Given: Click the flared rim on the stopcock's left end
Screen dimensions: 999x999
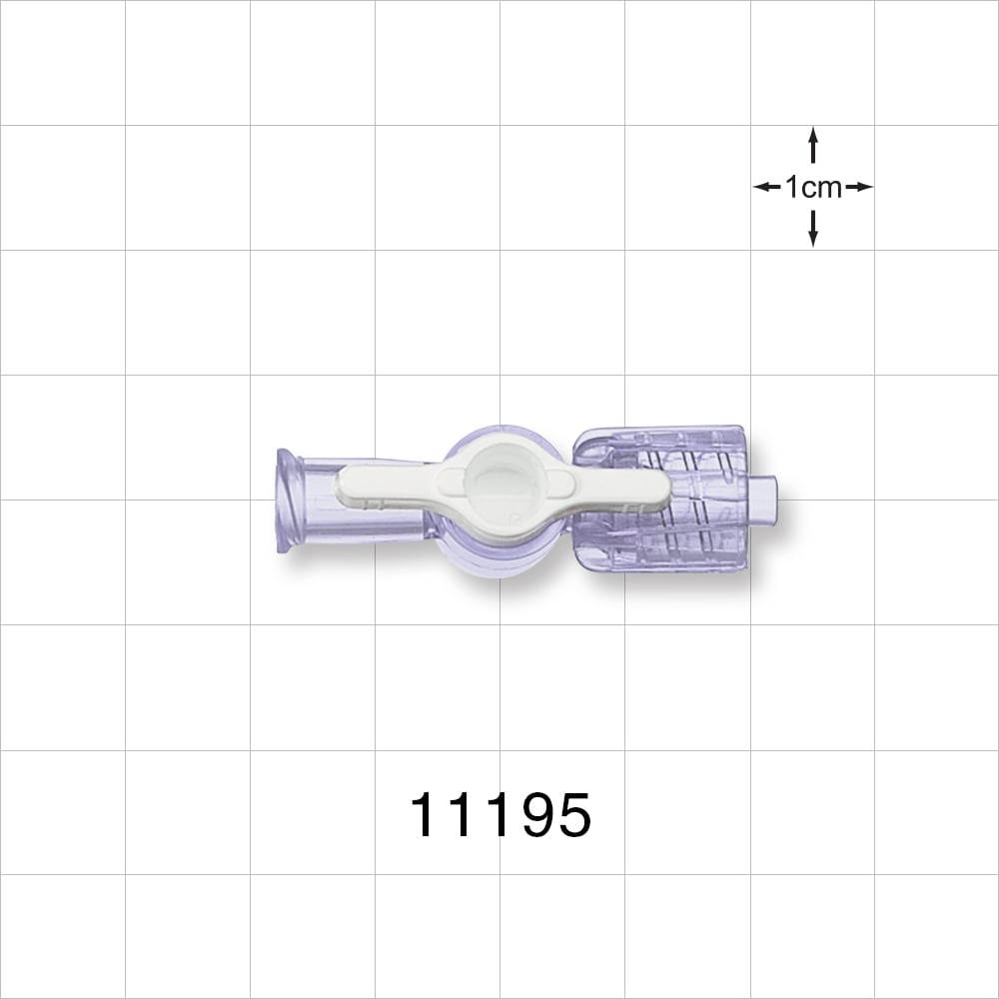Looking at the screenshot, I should tap(289, 499).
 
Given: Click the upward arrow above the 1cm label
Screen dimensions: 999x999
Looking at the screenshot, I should tap(813, 145).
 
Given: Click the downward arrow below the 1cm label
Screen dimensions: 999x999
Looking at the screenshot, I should tap(813, 229).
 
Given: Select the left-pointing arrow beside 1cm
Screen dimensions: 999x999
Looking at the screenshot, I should tap(766, 187).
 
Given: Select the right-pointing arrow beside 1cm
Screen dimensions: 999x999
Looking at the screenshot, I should tap(860, 187).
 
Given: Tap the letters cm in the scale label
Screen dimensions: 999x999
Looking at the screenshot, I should tap(822, 187).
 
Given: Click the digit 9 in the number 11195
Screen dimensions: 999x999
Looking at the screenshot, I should tap(533, 816).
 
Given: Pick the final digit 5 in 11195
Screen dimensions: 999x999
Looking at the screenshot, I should tap(573, 816).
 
